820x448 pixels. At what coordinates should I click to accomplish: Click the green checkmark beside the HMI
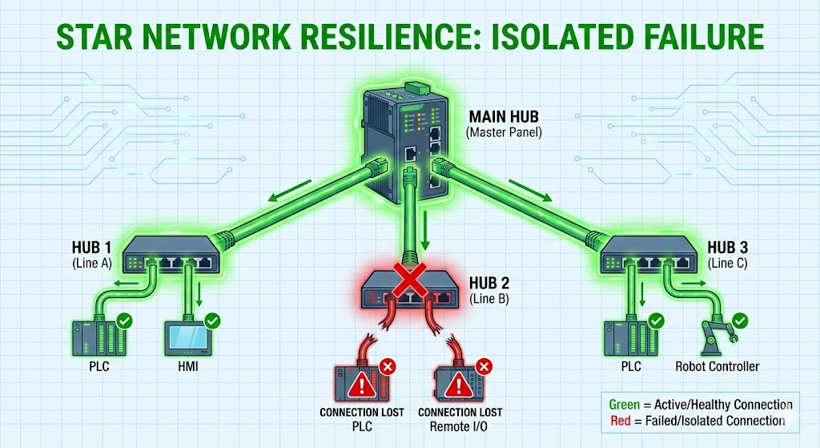(x=213, y=321)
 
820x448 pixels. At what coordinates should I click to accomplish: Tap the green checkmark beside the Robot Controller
(x=741, y=321)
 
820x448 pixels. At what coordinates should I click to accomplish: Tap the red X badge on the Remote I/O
(x=483, y=368)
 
